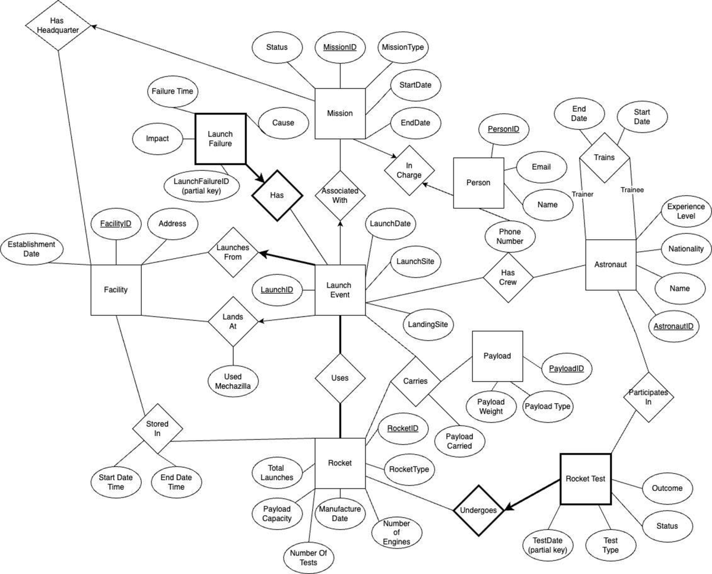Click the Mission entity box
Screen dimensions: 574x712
339,113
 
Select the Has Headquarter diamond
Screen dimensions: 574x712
58,26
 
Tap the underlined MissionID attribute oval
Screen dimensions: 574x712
339,46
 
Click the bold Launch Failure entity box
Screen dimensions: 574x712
220,139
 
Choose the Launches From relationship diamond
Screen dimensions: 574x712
233,252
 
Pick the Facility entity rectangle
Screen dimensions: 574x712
116,290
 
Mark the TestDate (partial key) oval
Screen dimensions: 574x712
548,545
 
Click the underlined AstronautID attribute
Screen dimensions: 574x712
673,326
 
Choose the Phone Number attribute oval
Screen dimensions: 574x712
510,236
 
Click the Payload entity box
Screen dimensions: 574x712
497,356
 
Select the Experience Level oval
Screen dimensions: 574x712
685,212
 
